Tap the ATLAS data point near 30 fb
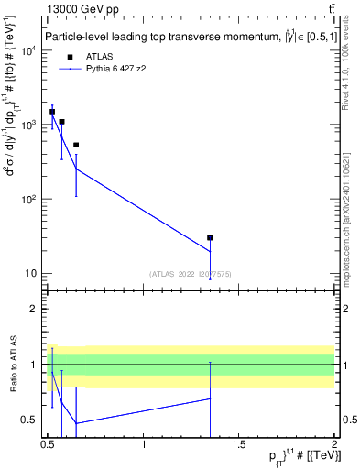tap(210, 238)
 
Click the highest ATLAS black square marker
tap(52, 112)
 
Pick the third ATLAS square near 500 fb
tap(76, 145)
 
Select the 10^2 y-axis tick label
tap(28, 199)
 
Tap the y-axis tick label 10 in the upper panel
tap(30, 273)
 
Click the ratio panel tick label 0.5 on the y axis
tap(32, 420)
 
